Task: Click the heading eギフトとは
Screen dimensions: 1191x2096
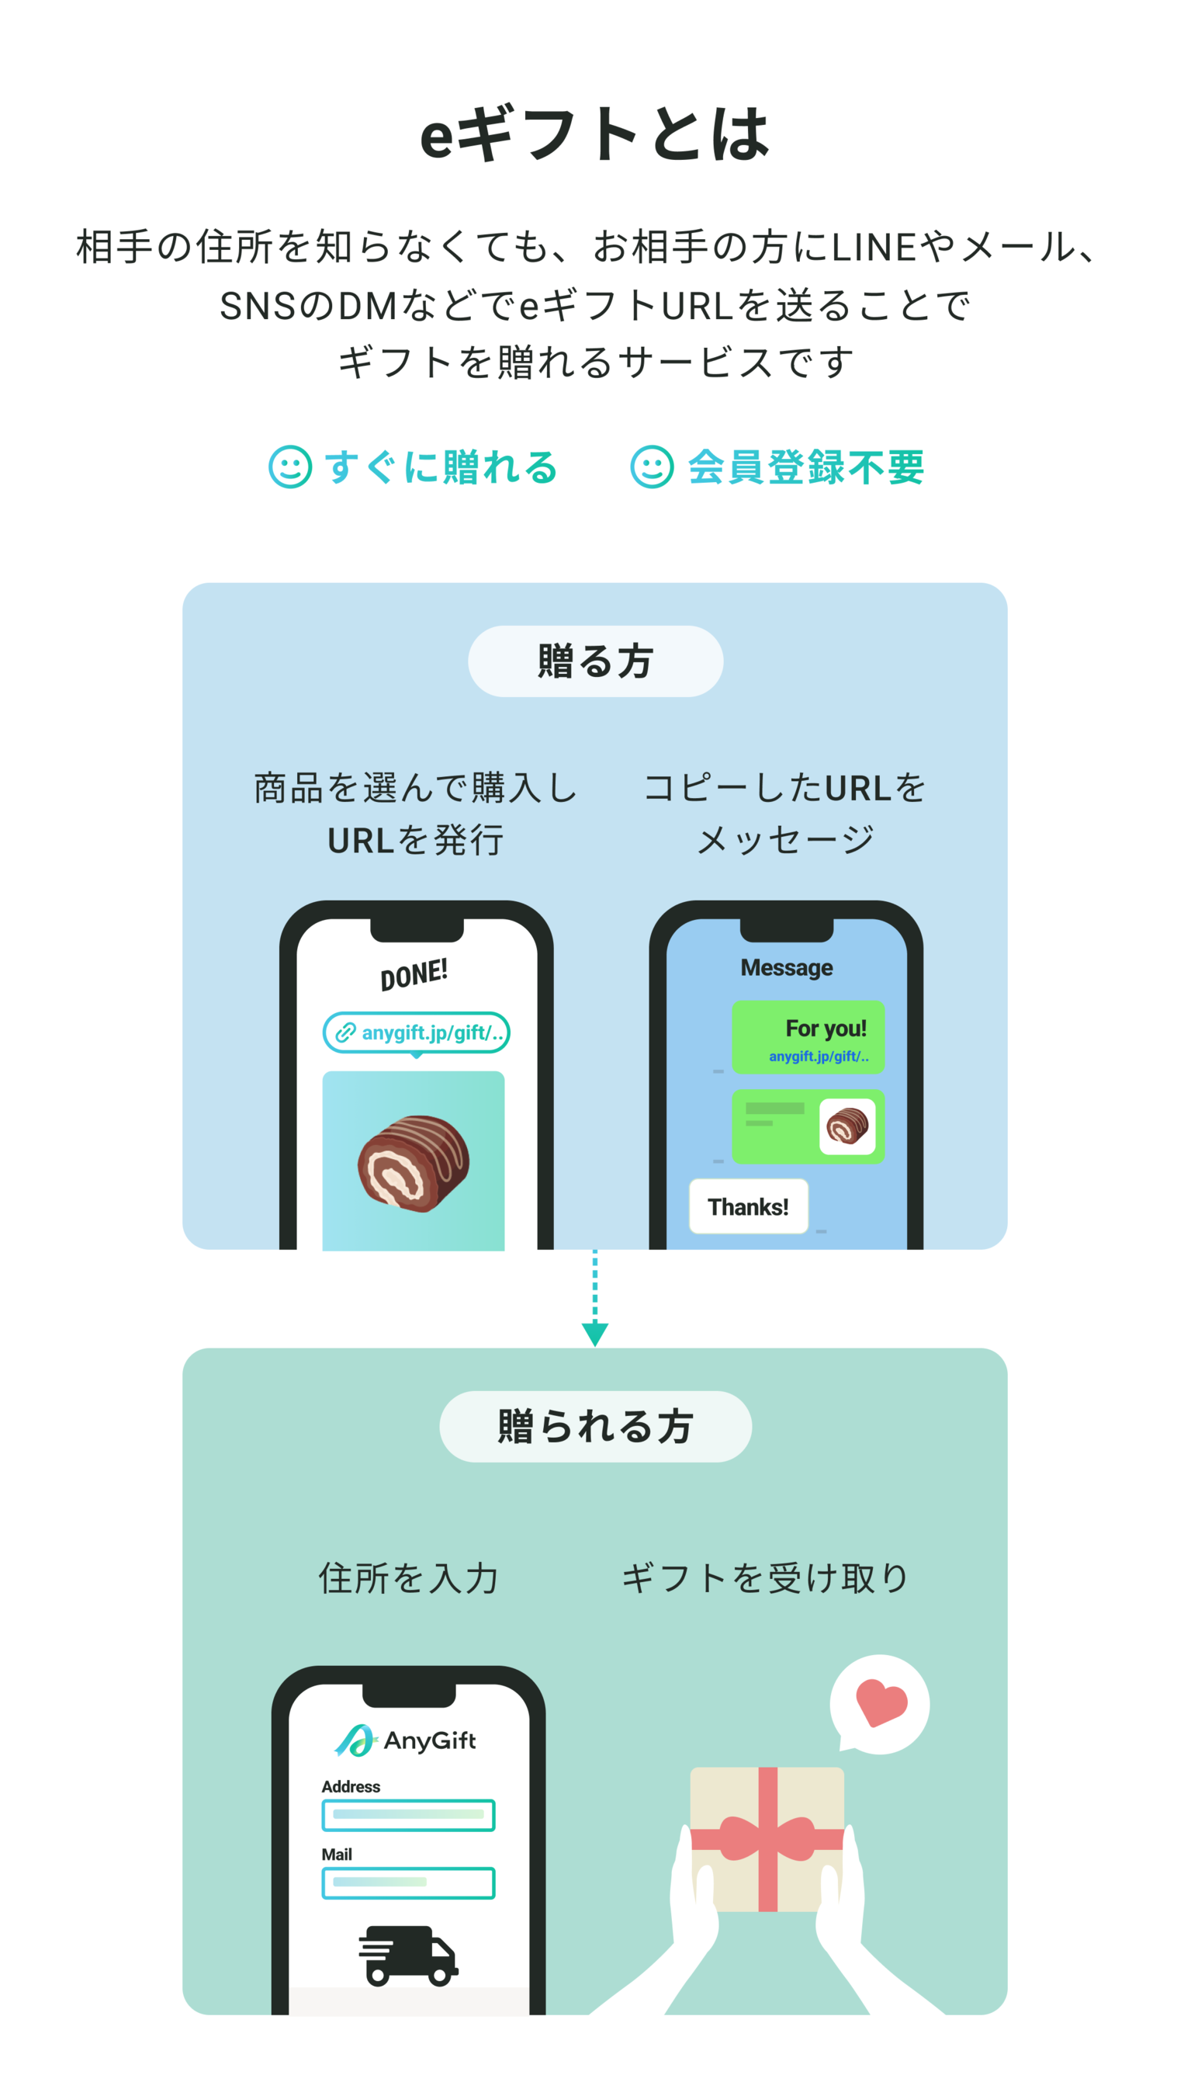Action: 594,134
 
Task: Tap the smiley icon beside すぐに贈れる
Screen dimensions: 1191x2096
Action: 290,467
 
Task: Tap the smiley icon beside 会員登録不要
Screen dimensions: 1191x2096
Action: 652,467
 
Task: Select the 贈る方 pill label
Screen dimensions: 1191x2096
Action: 594,661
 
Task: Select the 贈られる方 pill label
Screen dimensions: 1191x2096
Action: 594,1426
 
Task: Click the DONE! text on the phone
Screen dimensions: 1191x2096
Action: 414,974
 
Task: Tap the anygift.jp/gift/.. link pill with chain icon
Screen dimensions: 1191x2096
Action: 417,1032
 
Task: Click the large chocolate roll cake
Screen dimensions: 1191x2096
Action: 413,1162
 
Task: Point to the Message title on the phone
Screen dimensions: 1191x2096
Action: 786,967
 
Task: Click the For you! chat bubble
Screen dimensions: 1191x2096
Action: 808,1037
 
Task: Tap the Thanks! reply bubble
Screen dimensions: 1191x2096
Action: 748,1206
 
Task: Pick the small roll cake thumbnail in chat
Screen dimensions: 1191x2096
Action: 847,1126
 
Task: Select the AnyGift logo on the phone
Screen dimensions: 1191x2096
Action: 406,1740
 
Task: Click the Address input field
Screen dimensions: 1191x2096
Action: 408,1814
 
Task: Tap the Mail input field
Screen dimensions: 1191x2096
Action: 408,1883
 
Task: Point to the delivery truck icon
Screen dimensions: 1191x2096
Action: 408,1955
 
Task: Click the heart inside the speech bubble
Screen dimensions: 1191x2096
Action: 880,1702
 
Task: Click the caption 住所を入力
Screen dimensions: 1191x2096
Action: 408,1578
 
